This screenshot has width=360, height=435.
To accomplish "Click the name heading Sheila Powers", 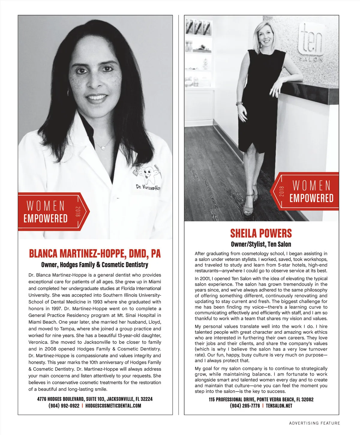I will [261, 233].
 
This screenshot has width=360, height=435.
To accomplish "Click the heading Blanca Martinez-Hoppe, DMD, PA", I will [95, 254].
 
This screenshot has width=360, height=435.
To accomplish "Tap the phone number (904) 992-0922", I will [64, 406].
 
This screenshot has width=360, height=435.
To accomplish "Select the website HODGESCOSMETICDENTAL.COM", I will [113, 406].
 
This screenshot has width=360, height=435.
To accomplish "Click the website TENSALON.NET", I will [279, 406].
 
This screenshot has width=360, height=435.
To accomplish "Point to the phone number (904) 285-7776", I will [245, 406].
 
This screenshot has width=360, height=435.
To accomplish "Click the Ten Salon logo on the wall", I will [311, 42].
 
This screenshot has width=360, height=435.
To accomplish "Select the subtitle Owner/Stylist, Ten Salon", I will [261, 244].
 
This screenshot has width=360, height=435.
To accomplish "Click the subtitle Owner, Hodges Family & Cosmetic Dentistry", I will [95, 265].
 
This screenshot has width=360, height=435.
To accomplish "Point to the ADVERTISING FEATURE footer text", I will [315, 423].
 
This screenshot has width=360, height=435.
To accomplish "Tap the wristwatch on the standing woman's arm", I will [239, 103].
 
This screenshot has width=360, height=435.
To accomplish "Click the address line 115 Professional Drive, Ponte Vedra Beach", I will [261, 400].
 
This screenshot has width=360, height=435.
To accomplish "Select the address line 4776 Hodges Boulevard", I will [95, 399].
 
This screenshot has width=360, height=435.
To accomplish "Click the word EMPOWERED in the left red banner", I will [46, 219].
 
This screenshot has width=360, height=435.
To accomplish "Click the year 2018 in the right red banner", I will [281, 191].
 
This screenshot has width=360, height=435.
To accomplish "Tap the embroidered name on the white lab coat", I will [148, 187].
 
